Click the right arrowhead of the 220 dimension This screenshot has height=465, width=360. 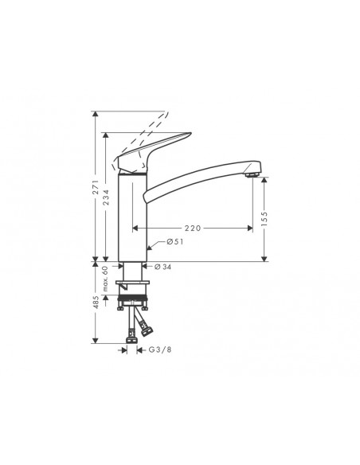point(261,228)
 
